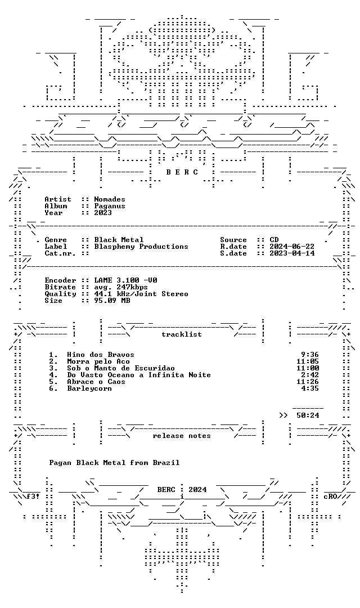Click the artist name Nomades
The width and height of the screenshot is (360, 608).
pyautogui.click(x=110, y=199)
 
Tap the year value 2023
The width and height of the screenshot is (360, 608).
pyautogui.click(x=103, y=212)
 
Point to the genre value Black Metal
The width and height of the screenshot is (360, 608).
pyautogui.click(x=119, y=240)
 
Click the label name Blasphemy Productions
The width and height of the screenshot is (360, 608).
pyautogui.click(x=141, y=247)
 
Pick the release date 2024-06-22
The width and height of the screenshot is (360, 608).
pyautogui.click(x=292, y=247)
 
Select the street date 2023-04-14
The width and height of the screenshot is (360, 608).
pyautogui.click(x=292, y=253)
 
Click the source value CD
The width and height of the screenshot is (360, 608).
pyautogui.click(x=274, y=240)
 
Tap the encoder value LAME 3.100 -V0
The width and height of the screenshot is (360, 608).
pyautogui.click(x=125, y=280)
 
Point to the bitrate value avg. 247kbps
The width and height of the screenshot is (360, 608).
pyautogui.click(x=121, y=287)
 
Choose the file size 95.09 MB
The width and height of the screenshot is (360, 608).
pyautogui.click(x=112, y=301)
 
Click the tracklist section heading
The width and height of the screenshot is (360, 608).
pyautogui.click(x=182, y=334)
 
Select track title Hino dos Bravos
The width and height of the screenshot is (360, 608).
pyautogui.click(x=101, y=355)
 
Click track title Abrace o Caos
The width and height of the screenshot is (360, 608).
pyautogui.click(x=96, y=382)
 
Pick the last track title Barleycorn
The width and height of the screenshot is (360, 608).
pyautogui.click(x=89, y=388)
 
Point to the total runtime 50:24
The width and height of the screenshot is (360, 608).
pyautogui.click(x=308, y=415)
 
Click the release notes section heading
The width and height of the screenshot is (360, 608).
pyautogui.click(x=182, y=436)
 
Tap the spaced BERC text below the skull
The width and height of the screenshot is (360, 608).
pyautogui.click(x=182, y=172)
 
